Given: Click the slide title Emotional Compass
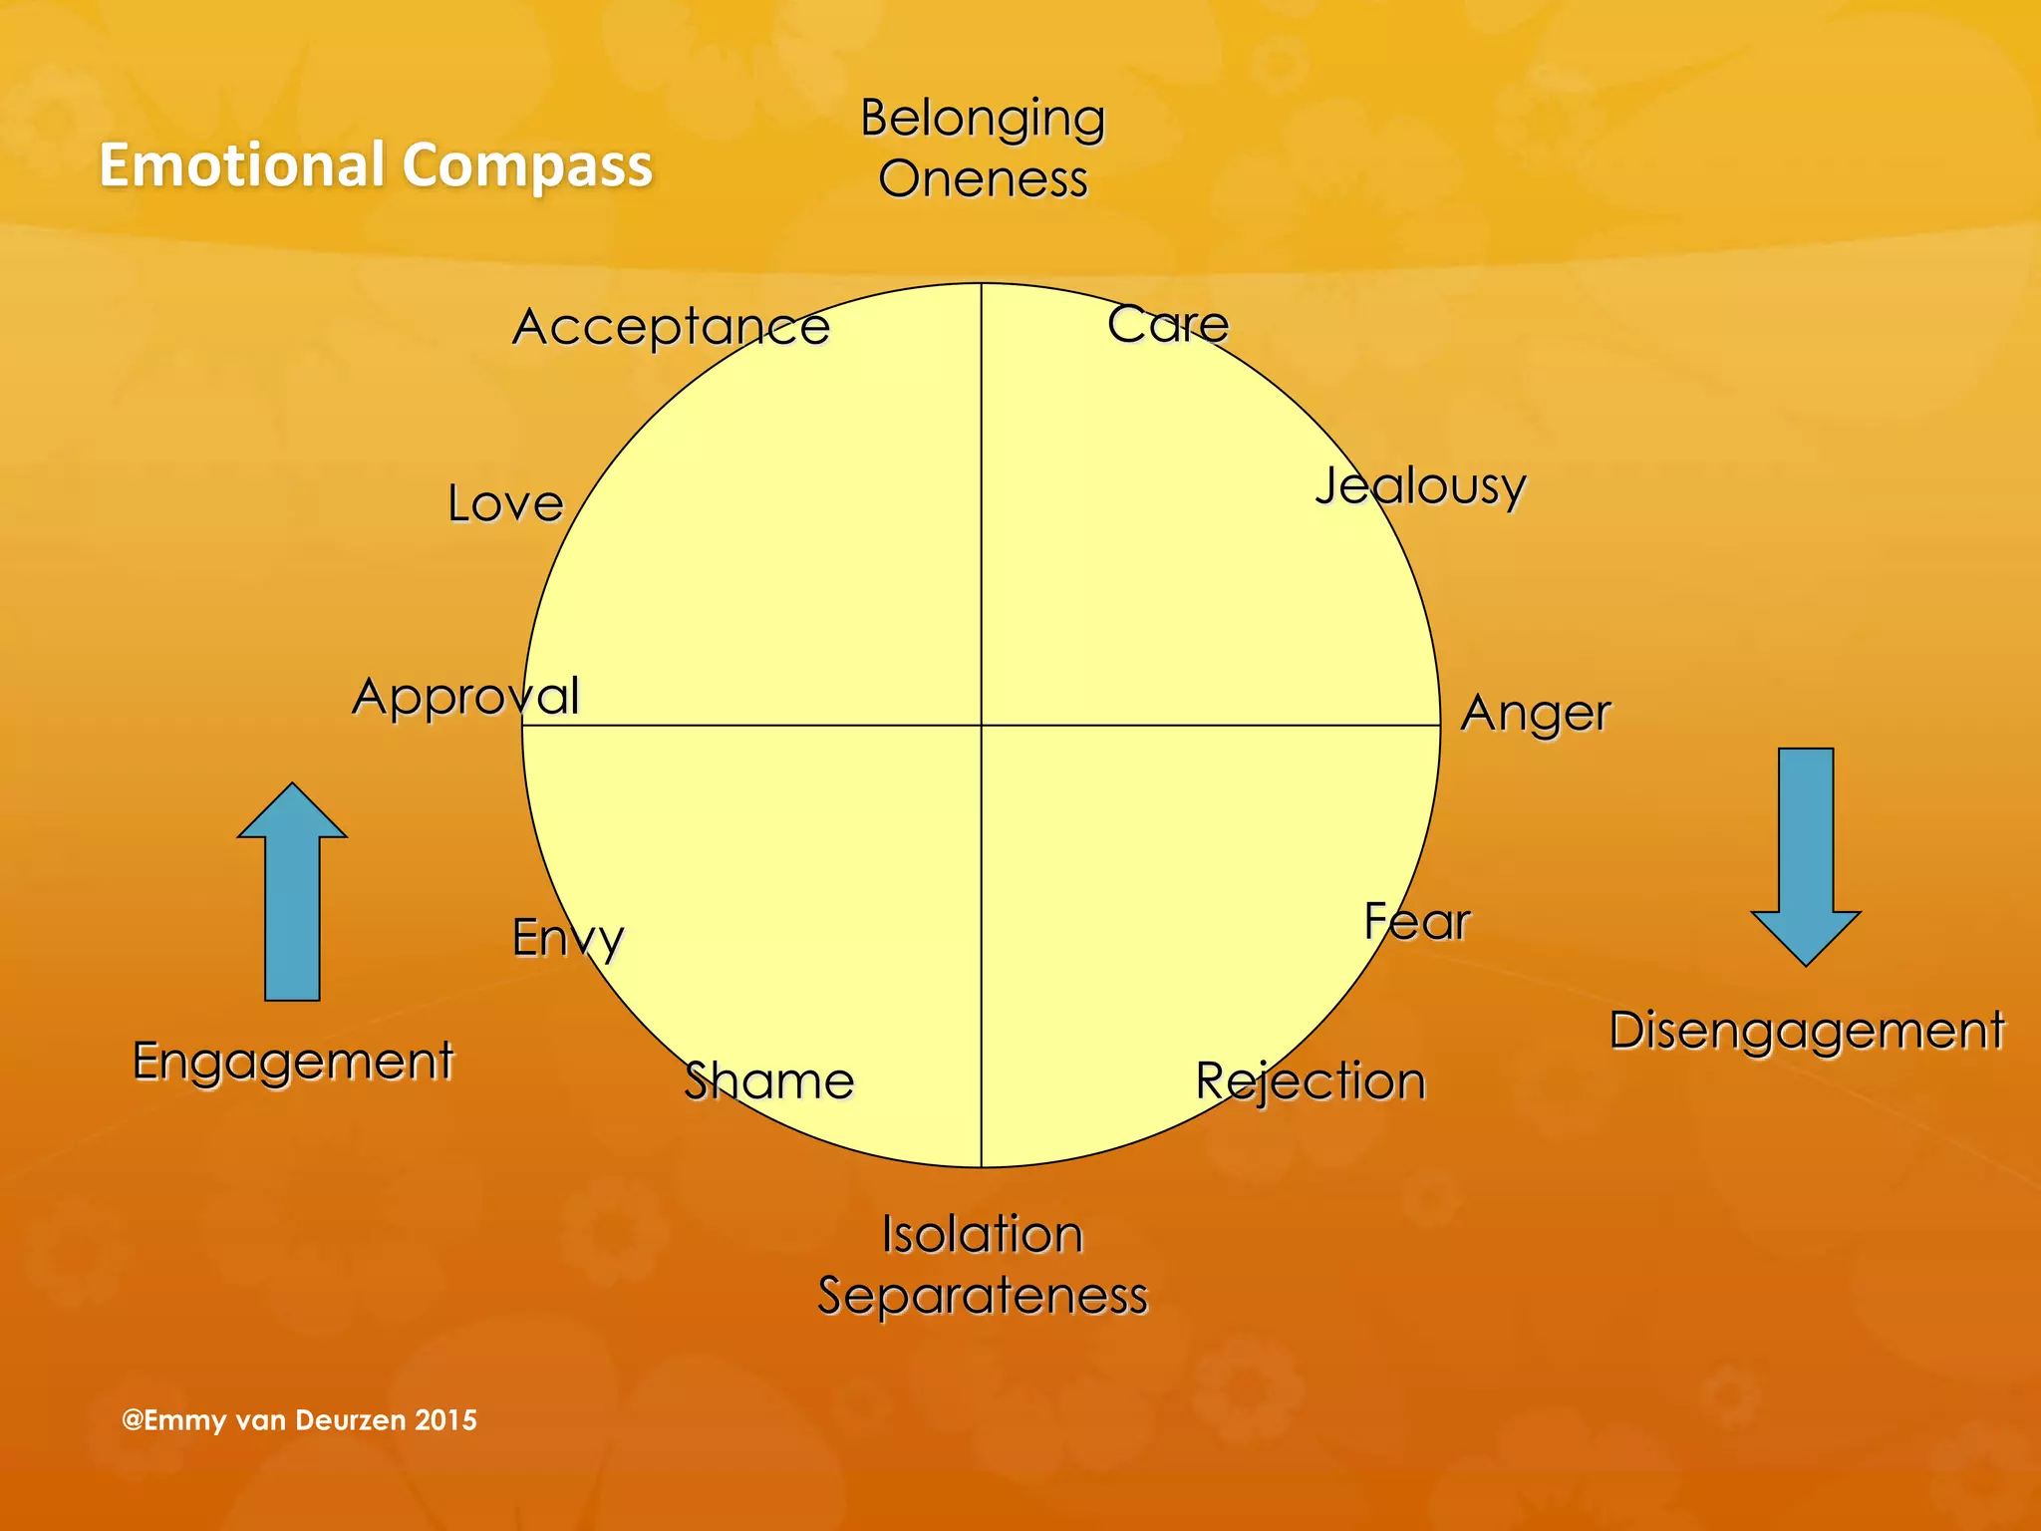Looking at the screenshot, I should pyautogui.click(x=375, y=164).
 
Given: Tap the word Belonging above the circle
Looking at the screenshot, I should pyautogui.click(x=983, y=120).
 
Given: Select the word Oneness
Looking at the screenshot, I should pyautogui.click(x=983, y=179).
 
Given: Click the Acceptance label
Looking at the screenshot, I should pyautogui.click(x=671, y=327).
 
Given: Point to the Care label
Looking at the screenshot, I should pyautogui.click(x=1168, y=324).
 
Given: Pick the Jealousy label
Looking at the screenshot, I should pyautogui.click(x=1420, y=487).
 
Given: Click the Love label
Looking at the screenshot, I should pyautogui.click(x=505, y=503).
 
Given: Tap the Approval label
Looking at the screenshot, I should pyautogui.click(x=465, y=696).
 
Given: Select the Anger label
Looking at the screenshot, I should pyautogui.click(x=1535, y=714).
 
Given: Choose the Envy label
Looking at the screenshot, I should pyautogui.click(x=567, y=938).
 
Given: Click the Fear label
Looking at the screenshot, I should pyautogui.click(x=1416, y=922).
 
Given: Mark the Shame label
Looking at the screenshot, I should pyautogui.click(x=768, y=1081).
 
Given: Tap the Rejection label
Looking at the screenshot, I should pyautogui.click(x=1311, y=1082).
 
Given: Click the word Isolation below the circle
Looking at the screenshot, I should pyautogui.click(x=983, y=1235).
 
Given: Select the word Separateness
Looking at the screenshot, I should pyautogui.click(x=983, y=1296).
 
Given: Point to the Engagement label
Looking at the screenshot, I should pyautogui.click(x=293, y=1062).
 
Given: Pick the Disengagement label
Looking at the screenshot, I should pyautogui.click(x=1806, y=1031).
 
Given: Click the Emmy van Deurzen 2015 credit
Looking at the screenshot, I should pyautogui.click(x=299, y=1420).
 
